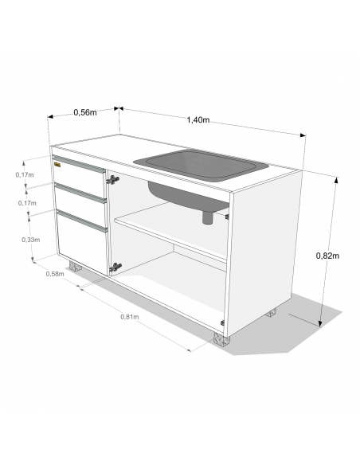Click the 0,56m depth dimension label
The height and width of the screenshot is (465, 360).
(x=84, y=112)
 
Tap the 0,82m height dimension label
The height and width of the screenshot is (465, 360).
(x=327, y=256)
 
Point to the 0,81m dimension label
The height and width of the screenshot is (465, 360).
(x=130, y=317)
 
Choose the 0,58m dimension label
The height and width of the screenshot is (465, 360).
(x=55, y=274)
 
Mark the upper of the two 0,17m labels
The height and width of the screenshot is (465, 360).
(x=25, y=174)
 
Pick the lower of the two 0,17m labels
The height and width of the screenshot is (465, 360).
(x=26, y=204)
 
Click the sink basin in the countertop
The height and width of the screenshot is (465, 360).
(x=199, y=165)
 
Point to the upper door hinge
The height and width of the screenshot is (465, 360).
(x=113, y=181)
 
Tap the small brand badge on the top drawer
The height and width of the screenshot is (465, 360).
(x=57, y=165)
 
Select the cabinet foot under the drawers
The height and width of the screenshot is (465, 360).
(x=78, y=267)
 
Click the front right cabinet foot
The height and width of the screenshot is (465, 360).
(x=221, y=341)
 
